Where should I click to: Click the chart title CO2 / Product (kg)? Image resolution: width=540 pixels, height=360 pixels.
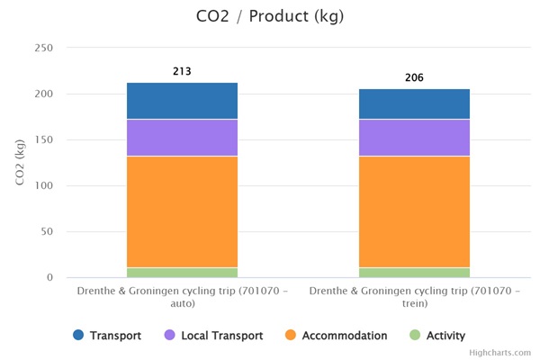tap(269, 17)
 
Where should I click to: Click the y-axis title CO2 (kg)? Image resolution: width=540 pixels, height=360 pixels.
tap(21, 162)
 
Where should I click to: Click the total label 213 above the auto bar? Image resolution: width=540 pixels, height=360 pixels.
tap(182, 71)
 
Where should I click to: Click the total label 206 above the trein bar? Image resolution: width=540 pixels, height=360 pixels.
tap(414, 77)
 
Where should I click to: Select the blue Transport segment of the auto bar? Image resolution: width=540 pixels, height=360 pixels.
tap(182, 101)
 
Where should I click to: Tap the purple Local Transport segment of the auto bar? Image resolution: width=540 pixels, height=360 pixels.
tap(182, 138)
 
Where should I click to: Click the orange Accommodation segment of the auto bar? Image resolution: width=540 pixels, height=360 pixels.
tap(182, 211)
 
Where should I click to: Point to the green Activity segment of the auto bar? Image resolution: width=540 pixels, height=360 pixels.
tap(182, 272)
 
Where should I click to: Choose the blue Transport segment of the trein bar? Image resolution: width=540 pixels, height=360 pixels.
tap(414, 104)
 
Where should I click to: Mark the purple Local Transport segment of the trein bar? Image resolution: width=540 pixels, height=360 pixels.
tap(414, 138)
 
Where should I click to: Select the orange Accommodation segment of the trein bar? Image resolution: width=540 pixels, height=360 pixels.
tap(414, 211)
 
